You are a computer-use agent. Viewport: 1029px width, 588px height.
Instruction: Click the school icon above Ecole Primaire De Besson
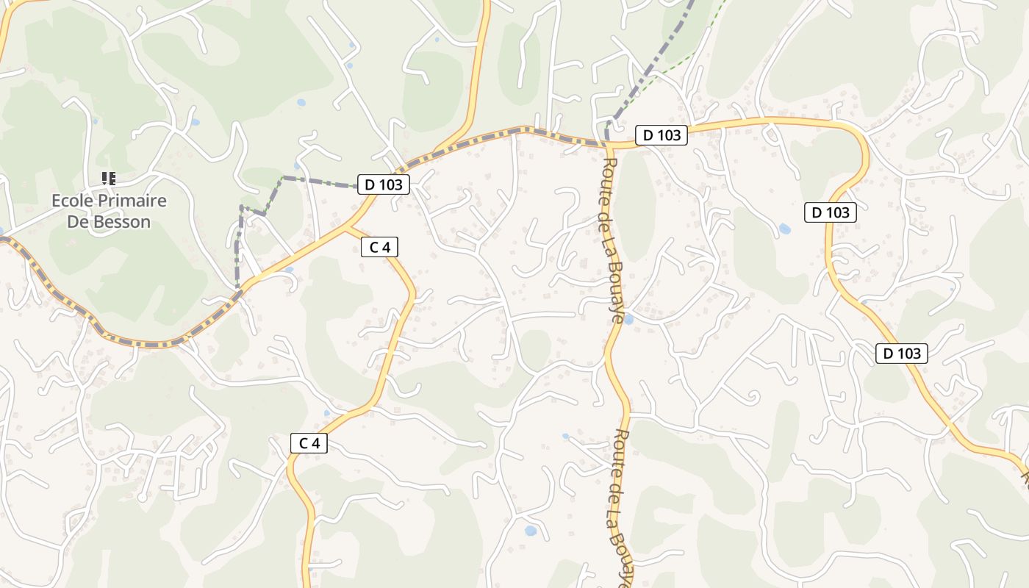(x=109, y=178)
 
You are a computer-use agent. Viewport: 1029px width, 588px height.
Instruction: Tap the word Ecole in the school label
(x=72, y=201)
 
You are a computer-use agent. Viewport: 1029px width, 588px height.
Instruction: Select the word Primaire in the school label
(x=132, y=201)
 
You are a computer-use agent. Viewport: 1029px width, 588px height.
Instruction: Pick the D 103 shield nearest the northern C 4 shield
(x=383, y=184)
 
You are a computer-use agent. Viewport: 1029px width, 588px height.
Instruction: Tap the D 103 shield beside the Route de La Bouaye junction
(x=661, y=135)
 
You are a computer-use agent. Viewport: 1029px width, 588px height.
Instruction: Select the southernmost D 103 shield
(x=902, y=354)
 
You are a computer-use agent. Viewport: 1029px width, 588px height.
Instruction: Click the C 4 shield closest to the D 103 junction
(x=379, y=247)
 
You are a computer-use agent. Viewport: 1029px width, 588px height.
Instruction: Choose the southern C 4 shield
(x=309, y=443)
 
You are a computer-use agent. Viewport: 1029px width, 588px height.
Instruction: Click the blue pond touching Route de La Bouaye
(x=628, y=319)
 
